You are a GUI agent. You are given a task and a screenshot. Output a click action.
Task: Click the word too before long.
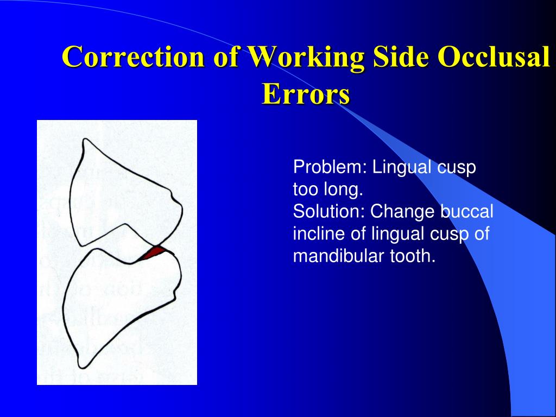pyautogui.click(x=306, y=190)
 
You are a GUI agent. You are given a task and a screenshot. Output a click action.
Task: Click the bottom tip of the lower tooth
pyautogui.click(x=81, y=365)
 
